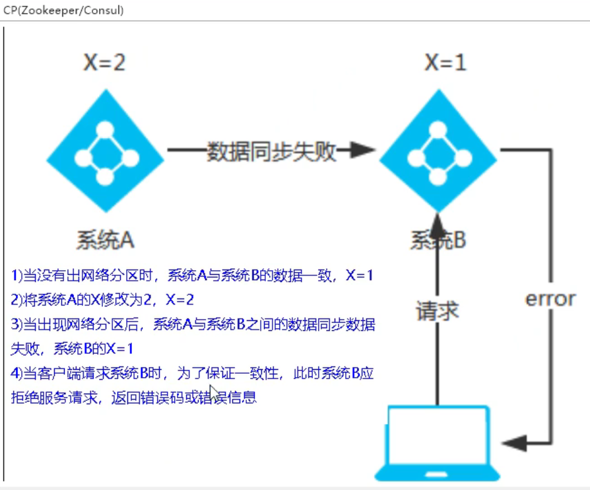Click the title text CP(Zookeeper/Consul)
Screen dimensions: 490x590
pos(63,11)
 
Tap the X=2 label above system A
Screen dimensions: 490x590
pos(104,63)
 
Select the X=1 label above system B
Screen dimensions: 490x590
pos(445,63)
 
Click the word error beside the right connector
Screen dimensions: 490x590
pos(550,298)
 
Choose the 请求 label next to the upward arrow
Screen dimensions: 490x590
pos(437,310)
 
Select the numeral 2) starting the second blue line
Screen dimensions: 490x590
pos(16,300)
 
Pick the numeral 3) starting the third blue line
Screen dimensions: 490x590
pos(16,324)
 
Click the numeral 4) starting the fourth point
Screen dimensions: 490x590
pos(16,374)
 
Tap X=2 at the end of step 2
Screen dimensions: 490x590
pos(180,300)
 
